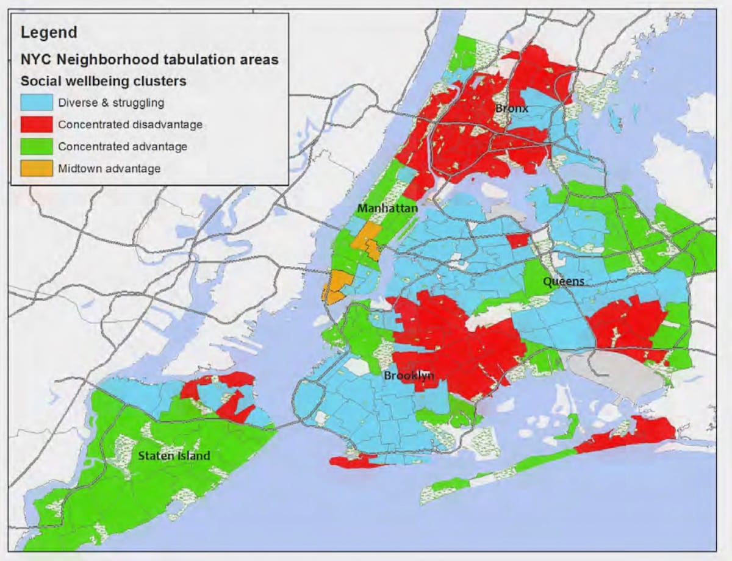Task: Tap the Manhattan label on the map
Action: (387, 209)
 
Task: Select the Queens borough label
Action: (564, 281)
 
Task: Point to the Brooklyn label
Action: (409, 376)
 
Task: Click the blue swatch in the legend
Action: (37, 102)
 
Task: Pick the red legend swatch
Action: (37, 124)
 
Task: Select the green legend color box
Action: (37, 146)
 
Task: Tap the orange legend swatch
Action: (37, 168)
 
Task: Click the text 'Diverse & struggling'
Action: (111, 102)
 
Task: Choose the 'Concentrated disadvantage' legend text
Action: (130, 124)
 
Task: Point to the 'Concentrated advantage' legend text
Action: (123, 146)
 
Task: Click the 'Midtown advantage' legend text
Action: (109, 168)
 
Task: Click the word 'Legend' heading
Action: (49, 32)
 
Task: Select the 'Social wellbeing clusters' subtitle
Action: (104, 80)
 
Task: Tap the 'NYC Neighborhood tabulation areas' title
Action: (149, 59)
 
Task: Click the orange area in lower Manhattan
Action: (337, 287)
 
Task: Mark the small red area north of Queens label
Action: (518, 240)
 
